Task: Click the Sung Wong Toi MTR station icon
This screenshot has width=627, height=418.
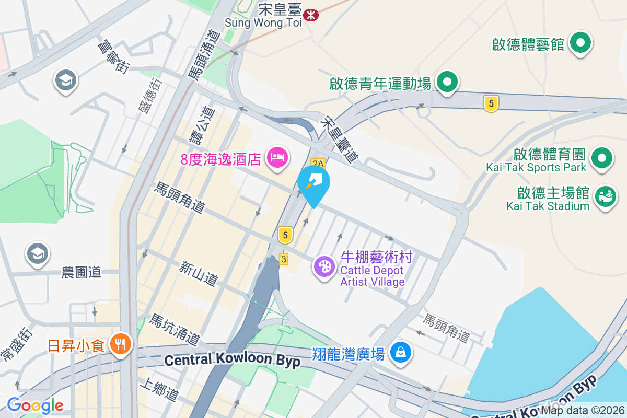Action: (311, 15)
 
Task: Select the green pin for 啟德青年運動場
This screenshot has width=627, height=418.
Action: (447, 83)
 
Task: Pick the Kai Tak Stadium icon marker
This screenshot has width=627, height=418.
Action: (606, 197)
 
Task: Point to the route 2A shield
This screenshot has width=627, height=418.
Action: (318, 163)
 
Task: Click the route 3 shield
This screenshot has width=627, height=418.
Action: (284, 259)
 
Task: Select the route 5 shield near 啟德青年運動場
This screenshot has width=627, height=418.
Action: (490, 104)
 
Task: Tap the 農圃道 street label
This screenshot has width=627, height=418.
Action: (81, 272)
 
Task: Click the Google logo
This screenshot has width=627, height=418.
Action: (35, 405)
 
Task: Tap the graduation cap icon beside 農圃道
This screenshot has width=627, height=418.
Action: (37, 254)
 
